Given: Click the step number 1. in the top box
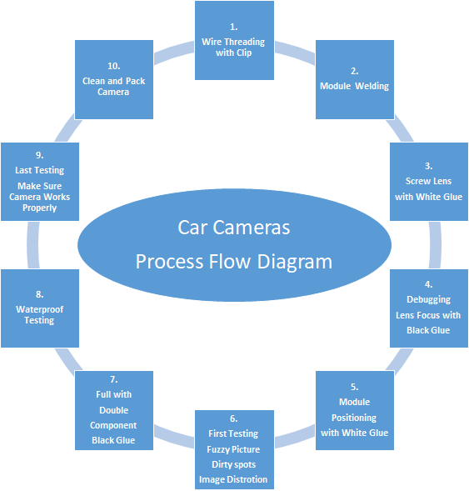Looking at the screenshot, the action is tap(234, 28).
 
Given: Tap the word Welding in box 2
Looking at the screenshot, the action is tap(372, 86).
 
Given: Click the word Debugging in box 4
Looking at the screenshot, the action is tap(428, 299).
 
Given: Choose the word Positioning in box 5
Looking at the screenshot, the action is tap(354, 418).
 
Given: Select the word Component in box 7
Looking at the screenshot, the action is tap(113, 425).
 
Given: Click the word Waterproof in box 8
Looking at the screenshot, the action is tap(40, 309).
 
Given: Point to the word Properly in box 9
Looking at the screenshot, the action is tap(40, 208).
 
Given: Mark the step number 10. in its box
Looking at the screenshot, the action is tap(113, 66).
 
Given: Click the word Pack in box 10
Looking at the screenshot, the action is tap(135, 81).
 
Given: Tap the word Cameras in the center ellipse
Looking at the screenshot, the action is tap(252, 228).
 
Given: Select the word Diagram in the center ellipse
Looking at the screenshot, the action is tap(294, 262).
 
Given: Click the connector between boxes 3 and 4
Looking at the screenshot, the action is tap(435, 245).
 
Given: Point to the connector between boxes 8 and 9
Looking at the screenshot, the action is tap(33, 245).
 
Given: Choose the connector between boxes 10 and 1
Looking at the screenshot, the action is tap(174, 53).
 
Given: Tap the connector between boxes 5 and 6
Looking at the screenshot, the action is tap(295, 437).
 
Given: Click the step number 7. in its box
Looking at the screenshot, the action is tap(113, 379).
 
